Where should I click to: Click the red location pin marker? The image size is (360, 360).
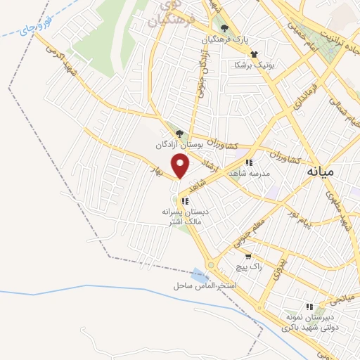point(181,165)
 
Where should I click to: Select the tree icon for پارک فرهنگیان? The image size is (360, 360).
point(224,29)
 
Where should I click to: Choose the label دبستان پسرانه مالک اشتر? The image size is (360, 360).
point(182,216)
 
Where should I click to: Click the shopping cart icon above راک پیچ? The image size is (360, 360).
point(247,257)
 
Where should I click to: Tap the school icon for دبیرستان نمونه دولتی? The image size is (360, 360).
point(309,307)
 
